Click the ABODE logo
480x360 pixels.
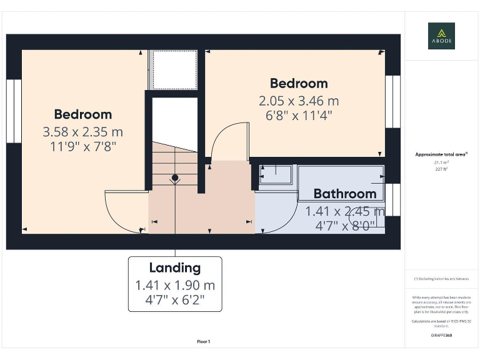(441, 36)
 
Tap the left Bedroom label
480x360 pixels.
(82, 114)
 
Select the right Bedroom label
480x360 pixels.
(298, 83)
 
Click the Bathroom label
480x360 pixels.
(344, 194)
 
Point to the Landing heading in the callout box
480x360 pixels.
(174, 268)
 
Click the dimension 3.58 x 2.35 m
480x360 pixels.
(82, 132)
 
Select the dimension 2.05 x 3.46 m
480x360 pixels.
(299, 100)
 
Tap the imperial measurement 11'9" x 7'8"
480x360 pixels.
(82, 147)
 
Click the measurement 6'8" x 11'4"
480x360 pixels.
(299, 115)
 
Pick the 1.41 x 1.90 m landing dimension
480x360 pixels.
(174, 285)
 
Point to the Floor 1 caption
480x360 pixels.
(203, 341)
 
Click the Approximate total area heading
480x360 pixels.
(441, 154)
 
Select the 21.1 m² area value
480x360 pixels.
(441, 161)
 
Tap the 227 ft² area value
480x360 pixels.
(441, 167)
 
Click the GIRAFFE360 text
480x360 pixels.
(441, 336)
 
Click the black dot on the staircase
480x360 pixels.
(175, 178)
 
